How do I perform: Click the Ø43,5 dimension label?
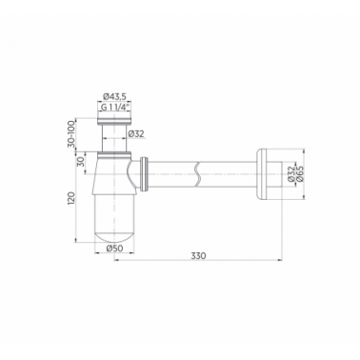click(x=113, y=96)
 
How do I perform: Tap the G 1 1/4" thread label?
click(x=115, y=107)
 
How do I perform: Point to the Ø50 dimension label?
click(x=114, y=249)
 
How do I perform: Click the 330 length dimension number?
click(x=198, y=255)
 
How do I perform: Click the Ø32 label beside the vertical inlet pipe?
click(x=136, y=134)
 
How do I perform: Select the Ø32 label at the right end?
click(x=291, y=173)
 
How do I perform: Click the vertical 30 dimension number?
click(x=81, y=163)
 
